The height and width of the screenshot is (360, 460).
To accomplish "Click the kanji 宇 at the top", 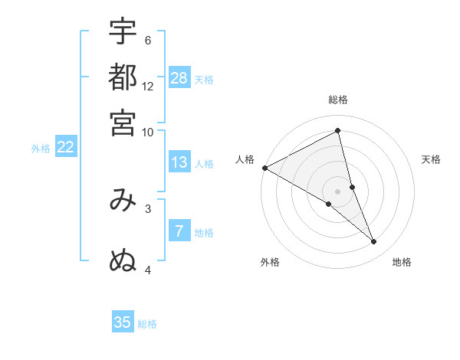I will tap(123, 32).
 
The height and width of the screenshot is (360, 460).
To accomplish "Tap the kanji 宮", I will tap(123, 123).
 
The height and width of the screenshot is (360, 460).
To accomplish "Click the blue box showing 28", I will tap(179, 78).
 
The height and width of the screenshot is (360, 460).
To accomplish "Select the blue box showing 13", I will tap(179, 162).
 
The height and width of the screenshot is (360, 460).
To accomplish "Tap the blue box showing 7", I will tap(179, 231).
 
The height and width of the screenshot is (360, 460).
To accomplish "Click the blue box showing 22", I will tap(65, 148).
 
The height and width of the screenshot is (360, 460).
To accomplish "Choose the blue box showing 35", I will tap(123, 322).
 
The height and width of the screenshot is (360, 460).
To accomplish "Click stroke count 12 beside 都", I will tap(148, 87).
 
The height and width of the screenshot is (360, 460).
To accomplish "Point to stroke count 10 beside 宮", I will tap(148, 132).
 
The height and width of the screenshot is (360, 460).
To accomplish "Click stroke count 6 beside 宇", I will tap(148, 41).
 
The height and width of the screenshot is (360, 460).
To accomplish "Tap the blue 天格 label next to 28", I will tap(204, 79).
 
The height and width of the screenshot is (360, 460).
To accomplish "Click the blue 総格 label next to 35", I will tap(147, 324).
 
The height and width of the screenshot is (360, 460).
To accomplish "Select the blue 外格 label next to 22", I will tap(40, 149).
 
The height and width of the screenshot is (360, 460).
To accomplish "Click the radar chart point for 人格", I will tap(264, 168).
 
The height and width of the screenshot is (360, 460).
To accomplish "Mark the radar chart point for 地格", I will tap(374, 242).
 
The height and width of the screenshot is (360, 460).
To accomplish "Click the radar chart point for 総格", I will tap(338, 132).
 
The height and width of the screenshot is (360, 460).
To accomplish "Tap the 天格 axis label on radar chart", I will tap(431, 159).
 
